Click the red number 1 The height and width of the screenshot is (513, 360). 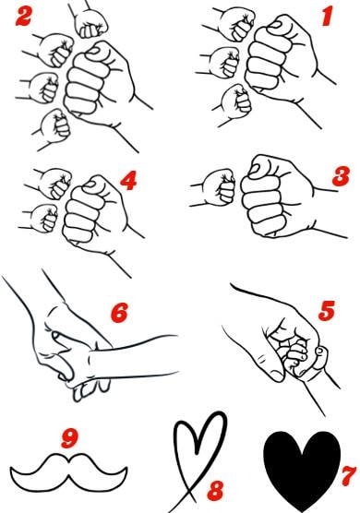(328, 17)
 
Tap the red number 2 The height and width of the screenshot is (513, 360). (23, 17)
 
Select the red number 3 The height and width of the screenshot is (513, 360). (341, 176)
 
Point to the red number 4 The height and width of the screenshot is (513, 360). (128, 181)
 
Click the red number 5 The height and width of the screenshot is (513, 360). (327, 310)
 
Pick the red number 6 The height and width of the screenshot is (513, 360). (119, 313)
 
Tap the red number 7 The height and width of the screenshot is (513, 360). (349, 476)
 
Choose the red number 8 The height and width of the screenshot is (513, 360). (215, 491)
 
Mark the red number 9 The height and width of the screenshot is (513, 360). (70, 438)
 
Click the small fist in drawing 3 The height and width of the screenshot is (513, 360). (218, 187)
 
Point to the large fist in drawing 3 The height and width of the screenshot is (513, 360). (278, 196)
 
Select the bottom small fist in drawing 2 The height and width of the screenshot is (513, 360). (56, 125)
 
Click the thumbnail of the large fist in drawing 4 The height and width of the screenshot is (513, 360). (90, 185)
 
